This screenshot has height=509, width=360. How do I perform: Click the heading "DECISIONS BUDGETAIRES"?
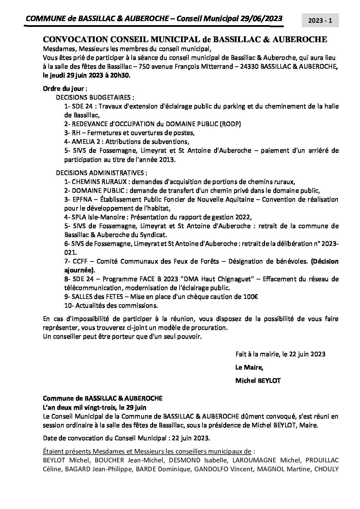93,97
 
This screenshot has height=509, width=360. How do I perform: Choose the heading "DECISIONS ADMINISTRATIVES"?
102,172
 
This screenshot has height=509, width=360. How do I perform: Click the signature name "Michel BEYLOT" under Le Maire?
258,380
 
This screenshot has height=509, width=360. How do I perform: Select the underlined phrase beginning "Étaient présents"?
147,451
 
